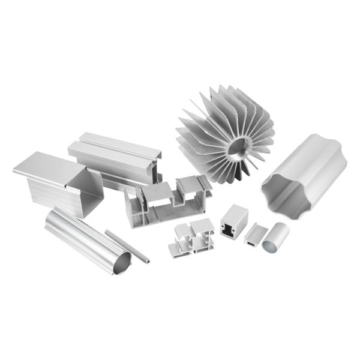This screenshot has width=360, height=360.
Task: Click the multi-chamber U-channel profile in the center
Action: (168, 201)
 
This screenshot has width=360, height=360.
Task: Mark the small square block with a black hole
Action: (234, 219)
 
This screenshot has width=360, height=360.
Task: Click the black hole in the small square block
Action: (229, 228)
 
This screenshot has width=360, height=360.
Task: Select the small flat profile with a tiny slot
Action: (254, 236)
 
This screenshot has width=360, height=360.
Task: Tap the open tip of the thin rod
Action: (147, 260)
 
